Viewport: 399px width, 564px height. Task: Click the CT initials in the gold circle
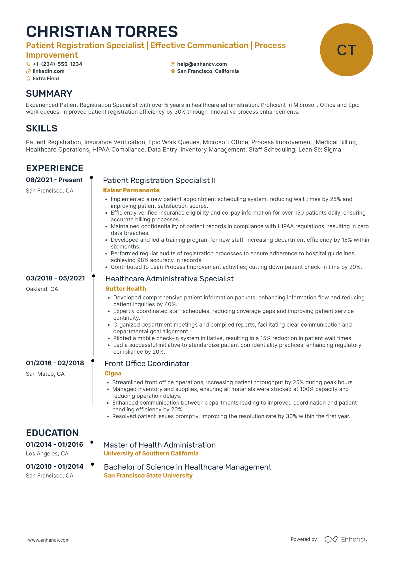pos(346,50)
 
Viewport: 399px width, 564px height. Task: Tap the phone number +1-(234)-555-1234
pos(57,64)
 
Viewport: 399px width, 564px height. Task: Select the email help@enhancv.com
pos(202,64)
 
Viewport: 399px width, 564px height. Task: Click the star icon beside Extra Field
pos(28,79)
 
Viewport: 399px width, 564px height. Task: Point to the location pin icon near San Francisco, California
pos(173,71)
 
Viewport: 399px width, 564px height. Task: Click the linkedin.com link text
pos(48,71)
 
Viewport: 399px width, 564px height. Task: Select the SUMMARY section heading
pos(49,94)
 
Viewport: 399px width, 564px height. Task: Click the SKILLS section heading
pos(42,128)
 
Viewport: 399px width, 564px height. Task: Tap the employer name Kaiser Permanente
pos(131,190)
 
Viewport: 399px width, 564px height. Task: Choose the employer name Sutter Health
pos(126,289)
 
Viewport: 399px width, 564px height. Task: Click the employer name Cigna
pos(113,373)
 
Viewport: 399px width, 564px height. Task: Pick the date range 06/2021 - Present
pos(54,180)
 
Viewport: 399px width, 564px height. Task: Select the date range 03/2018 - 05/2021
pos(55,278)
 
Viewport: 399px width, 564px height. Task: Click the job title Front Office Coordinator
pos(147,364)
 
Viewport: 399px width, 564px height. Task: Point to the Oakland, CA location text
pos(42,289)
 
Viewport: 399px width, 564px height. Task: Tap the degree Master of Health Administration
pos(160,445)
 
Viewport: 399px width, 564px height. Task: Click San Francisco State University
pos(148,476)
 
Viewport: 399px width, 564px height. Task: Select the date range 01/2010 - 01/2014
pos(55,466)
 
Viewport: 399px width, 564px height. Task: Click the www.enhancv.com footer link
pos(49,540)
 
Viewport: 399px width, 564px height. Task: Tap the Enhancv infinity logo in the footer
pos(331,539)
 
